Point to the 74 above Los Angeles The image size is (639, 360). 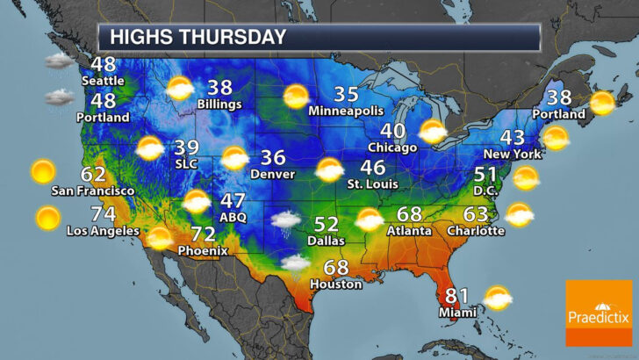(103, 215)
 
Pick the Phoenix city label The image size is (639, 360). (203, 250)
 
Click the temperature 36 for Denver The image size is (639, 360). (274, 159)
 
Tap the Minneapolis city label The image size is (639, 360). (346, 112)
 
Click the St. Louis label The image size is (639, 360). (373, 184)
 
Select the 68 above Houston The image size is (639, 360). (335, 268)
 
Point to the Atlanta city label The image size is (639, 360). (409, 231)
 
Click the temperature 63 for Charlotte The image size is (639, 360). (476, 213)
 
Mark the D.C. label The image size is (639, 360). (485, 190)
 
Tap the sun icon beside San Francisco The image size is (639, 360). (42, 169)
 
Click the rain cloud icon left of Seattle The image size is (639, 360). (60, 61)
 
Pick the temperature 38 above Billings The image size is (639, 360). (220, 88)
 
